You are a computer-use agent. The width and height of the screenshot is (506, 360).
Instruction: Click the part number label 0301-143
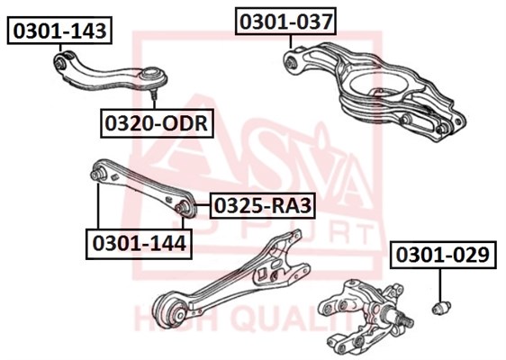click(59, 31)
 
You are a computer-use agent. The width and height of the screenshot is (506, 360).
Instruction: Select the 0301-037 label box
click(286, 22)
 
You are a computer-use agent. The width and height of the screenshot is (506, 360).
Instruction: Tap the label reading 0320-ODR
click(157, 123)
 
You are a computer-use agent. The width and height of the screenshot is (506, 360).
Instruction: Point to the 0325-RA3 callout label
click(263, 206)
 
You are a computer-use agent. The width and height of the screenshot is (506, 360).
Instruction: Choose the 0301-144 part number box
click(139, 244)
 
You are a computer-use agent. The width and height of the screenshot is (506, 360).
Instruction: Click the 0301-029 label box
click(443, 255)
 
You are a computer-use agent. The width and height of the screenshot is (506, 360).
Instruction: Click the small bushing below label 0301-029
click(441, 307)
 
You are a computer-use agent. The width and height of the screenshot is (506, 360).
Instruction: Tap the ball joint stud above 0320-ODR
click(154, 94)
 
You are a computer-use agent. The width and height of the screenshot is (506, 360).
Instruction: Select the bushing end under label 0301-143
click(59, 63)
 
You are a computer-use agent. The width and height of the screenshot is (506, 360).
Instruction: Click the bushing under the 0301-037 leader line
click(292, 62)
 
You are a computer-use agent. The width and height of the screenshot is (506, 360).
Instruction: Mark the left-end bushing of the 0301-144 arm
click(97, 174)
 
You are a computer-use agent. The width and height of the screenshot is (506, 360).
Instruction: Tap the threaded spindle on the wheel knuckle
click(404, 319)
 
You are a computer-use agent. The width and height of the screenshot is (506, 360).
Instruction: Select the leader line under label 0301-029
click(440, 285)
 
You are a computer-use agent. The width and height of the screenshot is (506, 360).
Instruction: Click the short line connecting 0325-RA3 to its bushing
click(202, 205)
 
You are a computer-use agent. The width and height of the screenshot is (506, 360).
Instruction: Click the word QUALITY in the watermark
click(292, 319)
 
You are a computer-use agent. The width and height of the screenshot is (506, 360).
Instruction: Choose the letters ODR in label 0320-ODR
click(185, 123)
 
